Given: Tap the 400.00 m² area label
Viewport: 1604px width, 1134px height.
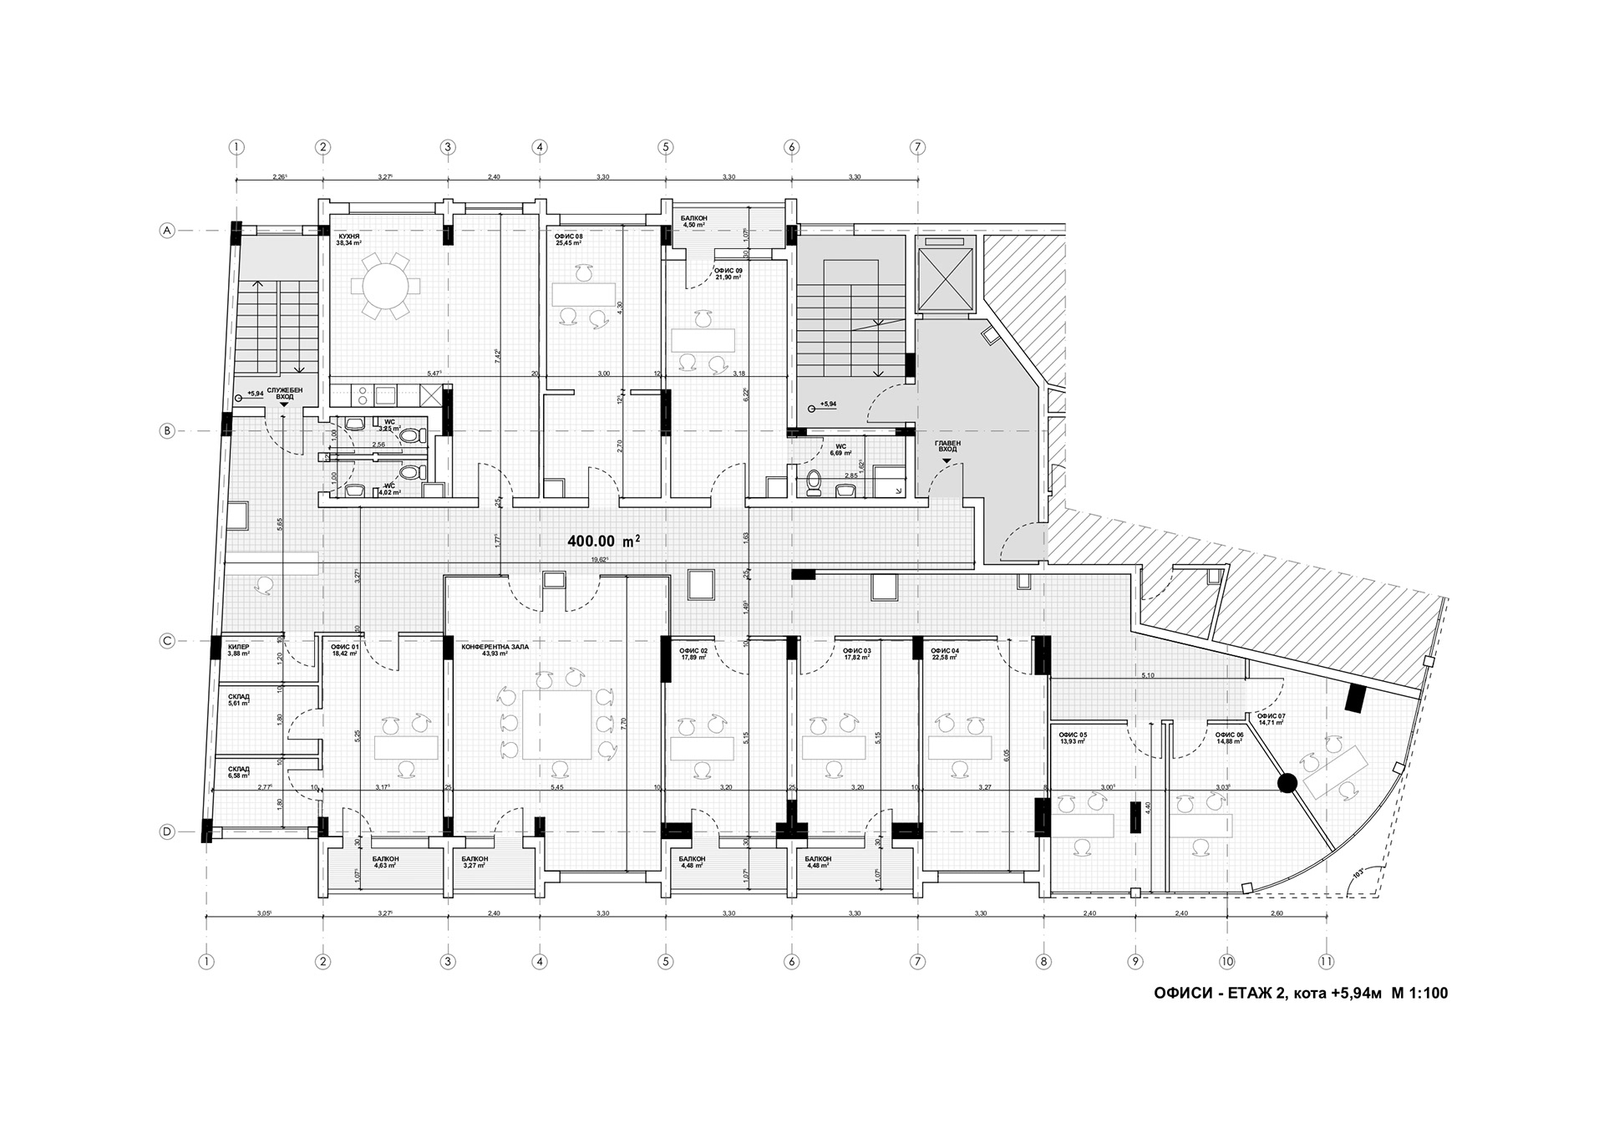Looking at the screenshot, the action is [x=604, y=541].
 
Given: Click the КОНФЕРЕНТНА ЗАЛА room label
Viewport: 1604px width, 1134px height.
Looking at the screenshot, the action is [x=495, y=649].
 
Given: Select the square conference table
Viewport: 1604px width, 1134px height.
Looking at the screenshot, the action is [x=557, y=724].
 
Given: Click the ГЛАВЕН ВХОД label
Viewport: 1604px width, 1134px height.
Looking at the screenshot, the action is [x=947, y=445].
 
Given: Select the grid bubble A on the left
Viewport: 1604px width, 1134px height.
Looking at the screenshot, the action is [x=167, y=231].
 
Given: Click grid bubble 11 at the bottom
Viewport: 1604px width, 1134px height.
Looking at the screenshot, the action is [x=1325, y=962].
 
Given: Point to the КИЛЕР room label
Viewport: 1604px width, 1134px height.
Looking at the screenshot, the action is [x=239, y=649].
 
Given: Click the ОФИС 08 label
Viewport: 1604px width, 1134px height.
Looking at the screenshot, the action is [x=569, y=240].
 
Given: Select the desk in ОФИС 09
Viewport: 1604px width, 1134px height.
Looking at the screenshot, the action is [x=703, y=340].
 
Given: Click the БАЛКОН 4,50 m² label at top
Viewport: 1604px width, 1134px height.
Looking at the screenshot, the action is [x=693, y=221].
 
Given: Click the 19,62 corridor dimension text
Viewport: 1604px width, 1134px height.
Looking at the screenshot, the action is [x=599, y=560].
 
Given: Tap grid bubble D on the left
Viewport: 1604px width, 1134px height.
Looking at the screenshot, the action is [x=167, y=831].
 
